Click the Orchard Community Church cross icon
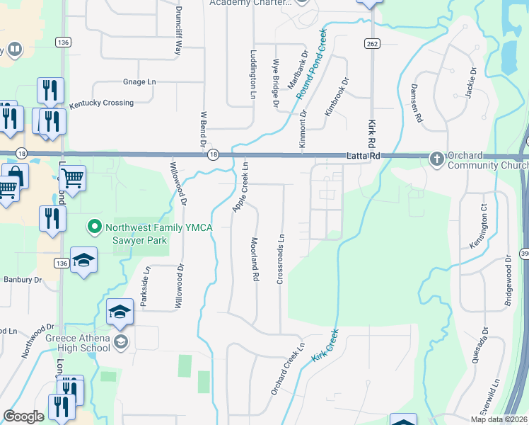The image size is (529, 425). tap(437, 157)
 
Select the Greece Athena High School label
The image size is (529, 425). tap(78, 343)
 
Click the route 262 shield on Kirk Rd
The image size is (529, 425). tap(371, 44)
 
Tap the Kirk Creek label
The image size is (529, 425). tap(325, 346)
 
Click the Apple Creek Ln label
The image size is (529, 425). tap(241, 186)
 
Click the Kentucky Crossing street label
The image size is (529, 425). tap(101, 103)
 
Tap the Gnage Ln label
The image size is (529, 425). tap(139, 82)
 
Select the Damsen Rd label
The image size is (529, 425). tap(416, 103)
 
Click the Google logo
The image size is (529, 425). tap(23, 416)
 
